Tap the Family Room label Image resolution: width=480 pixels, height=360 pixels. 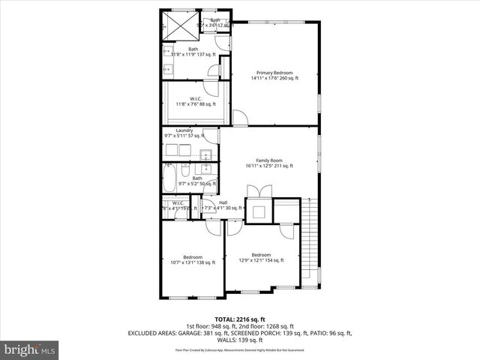click(x=268, y=160)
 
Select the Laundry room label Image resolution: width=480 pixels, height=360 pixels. click(x=184, y=131)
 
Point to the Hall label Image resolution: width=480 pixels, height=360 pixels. click(x=223, y=202)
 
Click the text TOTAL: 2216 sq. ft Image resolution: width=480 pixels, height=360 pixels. click(x=239, y=319)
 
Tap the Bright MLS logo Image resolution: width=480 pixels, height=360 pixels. click(x=30, y=349)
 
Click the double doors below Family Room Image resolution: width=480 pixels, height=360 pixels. click(x=256, y=190)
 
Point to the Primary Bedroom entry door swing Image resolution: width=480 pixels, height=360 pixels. click(x=240, y=118)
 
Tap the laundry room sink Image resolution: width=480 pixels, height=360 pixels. click(x=205, y=155)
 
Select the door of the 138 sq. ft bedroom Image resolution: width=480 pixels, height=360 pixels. click(x=213, y=227)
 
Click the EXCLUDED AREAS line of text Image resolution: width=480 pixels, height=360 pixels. click(x=239, y=333)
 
